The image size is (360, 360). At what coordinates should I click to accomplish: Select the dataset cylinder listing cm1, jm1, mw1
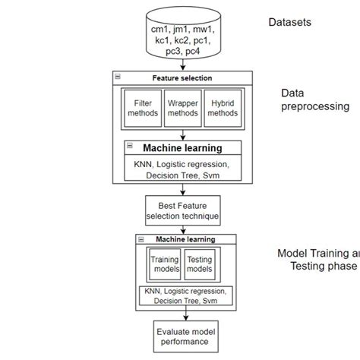tap(182, 36)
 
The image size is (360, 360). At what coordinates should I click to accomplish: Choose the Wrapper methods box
tap(182, 107)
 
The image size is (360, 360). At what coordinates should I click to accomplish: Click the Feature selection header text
tap(182, 78)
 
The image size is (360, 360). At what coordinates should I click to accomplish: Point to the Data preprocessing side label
tap(315, 99)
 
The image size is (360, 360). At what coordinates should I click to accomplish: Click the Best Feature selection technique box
tap(182, 210)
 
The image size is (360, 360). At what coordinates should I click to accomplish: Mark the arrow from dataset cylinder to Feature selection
tap(182, 67)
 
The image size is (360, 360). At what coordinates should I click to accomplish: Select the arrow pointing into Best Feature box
tap(182, 189)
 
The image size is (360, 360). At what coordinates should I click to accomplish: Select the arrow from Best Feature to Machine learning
tap(182, 229)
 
